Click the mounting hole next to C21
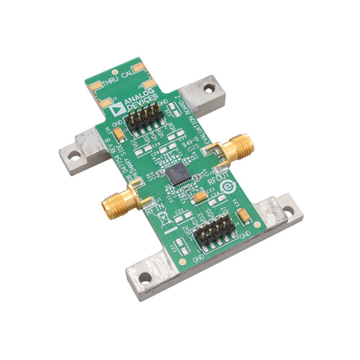point(145,277)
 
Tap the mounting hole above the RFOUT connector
point(209,88)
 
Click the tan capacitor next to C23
point(200,197)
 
